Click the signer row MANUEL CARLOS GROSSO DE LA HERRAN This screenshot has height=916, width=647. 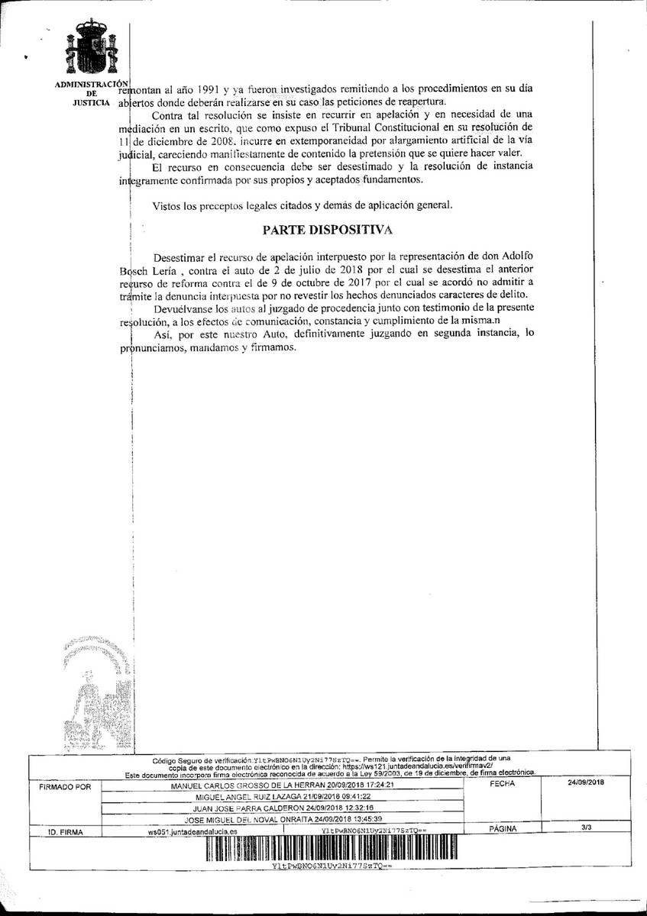282,785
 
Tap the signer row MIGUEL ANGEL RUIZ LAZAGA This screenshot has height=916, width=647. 283,795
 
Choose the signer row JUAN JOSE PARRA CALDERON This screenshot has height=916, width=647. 283,807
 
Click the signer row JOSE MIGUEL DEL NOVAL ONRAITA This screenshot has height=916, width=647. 283,818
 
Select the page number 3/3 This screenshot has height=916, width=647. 586,827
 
